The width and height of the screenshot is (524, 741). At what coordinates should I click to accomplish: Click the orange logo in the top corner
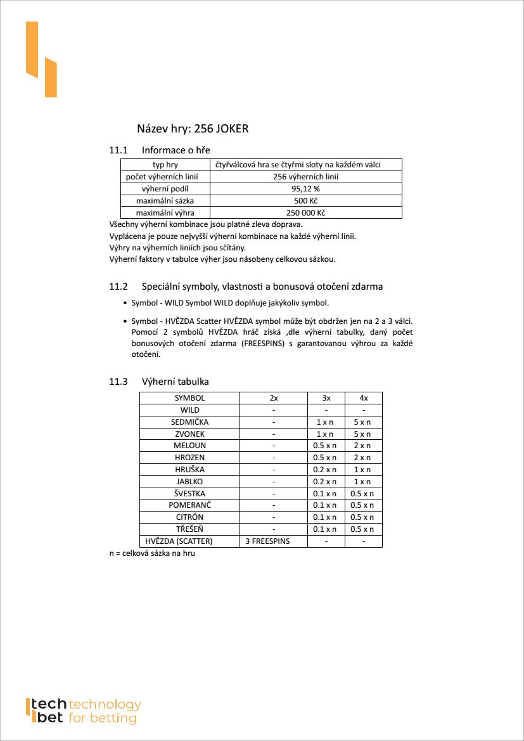point(41,59)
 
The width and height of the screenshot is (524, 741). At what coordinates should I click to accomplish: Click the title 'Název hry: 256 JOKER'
point(193,129)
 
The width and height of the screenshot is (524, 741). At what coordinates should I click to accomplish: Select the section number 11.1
point(118,150)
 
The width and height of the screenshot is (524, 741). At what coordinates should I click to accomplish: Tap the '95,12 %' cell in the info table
point(305,189)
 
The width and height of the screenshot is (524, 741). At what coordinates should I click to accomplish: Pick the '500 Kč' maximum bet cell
point(305,201)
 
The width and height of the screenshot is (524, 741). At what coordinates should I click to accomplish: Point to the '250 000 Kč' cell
point(305,213)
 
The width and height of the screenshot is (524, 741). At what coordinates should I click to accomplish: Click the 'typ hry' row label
point(165,165)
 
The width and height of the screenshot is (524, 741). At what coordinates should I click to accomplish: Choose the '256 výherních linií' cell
point(305,177)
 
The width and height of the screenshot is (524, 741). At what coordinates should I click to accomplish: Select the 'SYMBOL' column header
point(189,398)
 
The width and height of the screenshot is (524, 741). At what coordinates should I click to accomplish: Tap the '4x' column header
point(363,398)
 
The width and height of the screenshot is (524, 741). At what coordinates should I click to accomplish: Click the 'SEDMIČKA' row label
point(189,422)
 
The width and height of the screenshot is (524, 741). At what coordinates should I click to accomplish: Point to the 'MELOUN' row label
point(189,446)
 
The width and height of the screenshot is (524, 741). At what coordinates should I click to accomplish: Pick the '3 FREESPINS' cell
point(273,541)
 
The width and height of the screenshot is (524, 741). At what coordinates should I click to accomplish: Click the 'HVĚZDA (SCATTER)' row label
point(179,541)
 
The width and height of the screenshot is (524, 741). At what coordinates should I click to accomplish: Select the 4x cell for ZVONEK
point(363,434)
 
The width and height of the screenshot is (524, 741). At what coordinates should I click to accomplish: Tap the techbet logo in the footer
point(83,711)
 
